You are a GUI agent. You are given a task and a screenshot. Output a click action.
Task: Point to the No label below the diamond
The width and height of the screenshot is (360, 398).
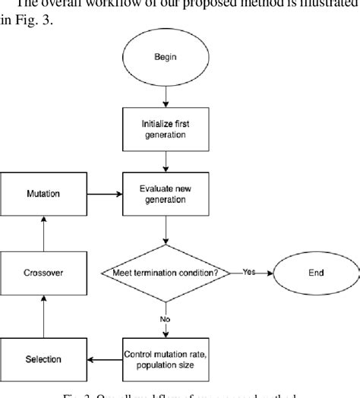coord(164,320)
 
